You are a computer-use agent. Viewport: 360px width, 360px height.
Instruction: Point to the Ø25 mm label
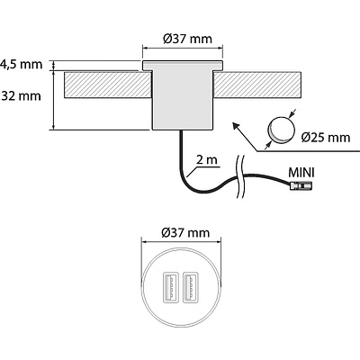click(x=325, y=138)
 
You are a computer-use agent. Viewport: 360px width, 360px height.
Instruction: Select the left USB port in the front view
click(x=167, y=289)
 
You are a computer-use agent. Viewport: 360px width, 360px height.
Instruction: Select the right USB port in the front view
click(x=189, y=289)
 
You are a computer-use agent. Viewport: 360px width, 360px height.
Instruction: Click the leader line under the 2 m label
click(x=204, y=169)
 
